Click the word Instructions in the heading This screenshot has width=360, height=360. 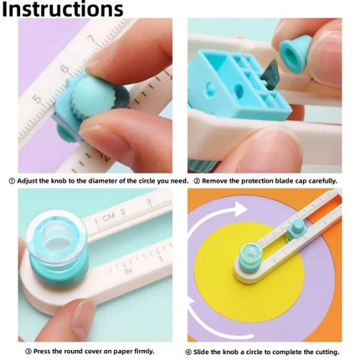pos(62,11)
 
